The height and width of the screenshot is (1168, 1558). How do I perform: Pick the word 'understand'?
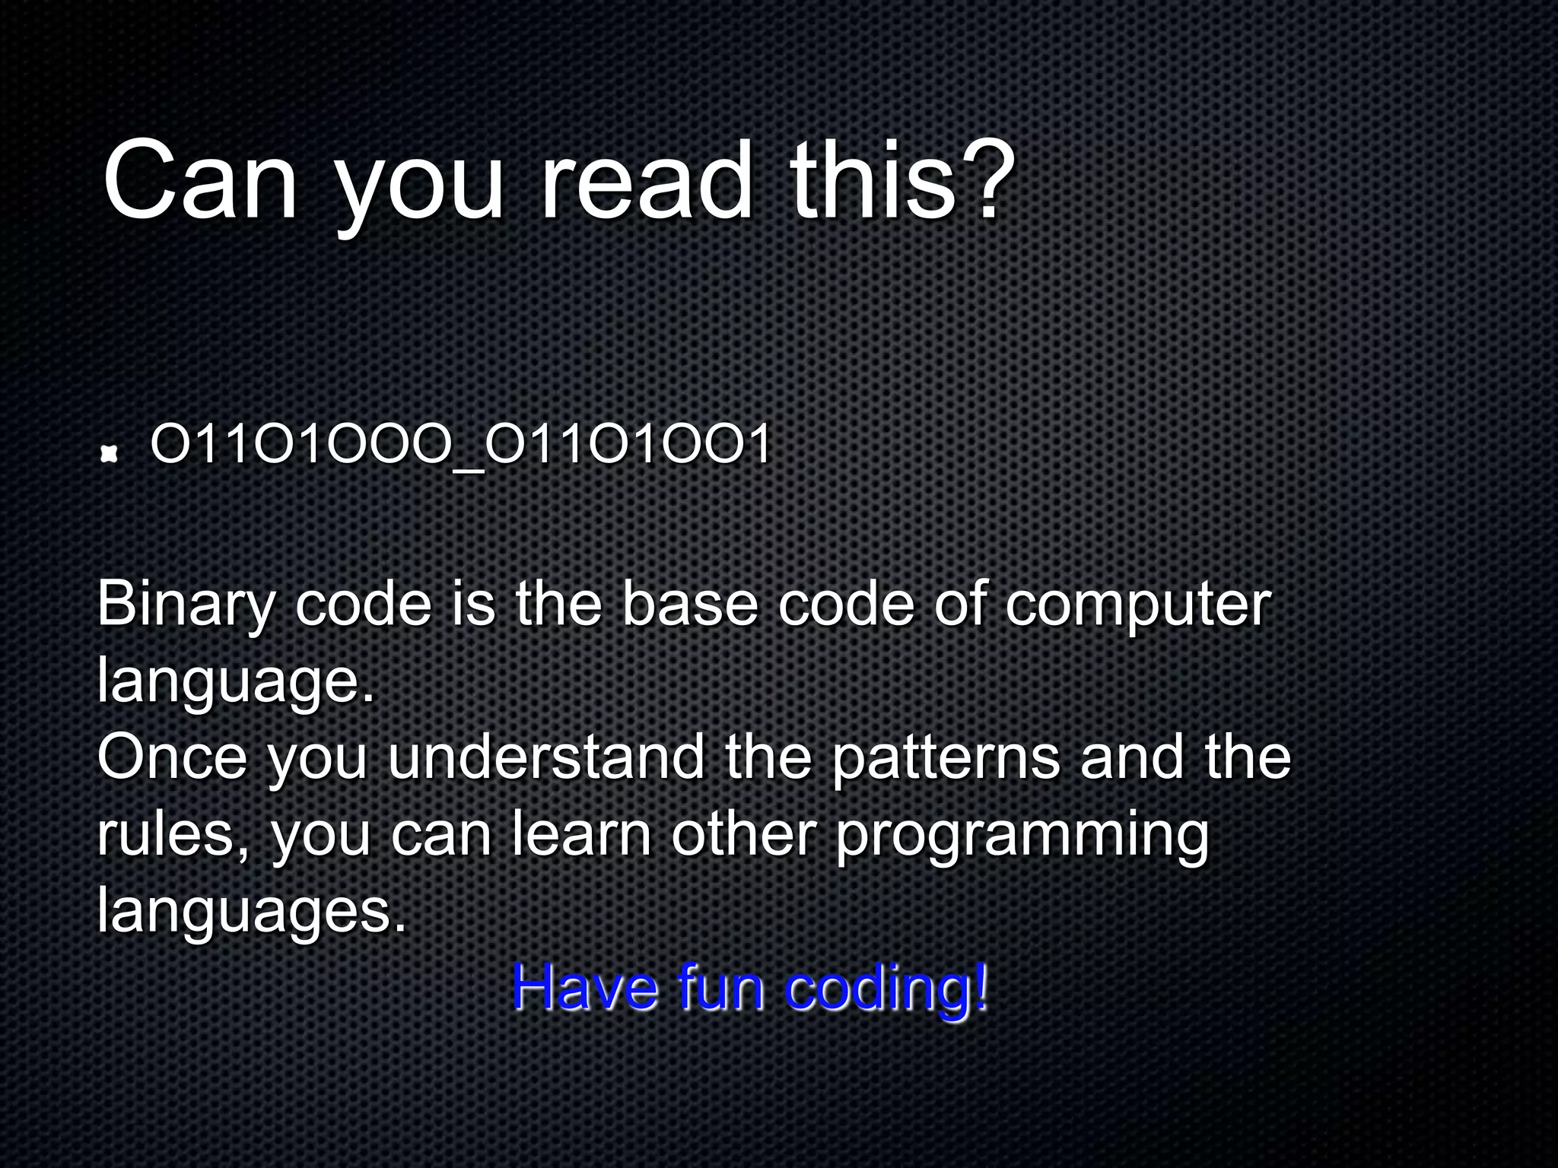[x=546, y=757]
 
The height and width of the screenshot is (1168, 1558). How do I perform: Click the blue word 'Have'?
[x=585, y=987]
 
